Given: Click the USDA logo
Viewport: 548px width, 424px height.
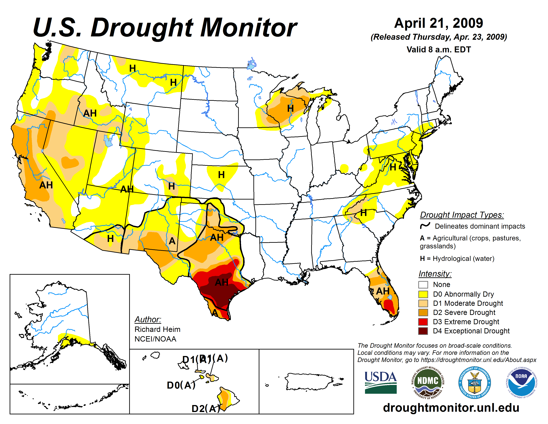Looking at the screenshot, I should click(x=380, y=382).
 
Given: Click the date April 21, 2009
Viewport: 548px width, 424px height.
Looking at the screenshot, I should click(x=438, y=23).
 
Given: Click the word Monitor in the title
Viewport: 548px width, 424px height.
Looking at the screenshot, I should click(x=248, y=28).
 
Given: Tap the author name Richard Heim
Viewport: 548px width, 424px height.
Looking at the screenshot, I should click(x=157, y=329).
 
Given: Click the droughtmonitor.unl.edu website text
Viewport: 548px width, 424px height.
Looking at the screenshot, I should click(x=451, y=407).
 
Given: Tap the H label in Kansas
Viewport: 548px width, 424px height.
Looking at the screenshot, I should click(x=221, y=175).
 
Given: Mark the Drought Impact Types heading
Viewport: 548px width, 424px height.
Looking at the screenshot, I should click(x=462, y=215).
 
